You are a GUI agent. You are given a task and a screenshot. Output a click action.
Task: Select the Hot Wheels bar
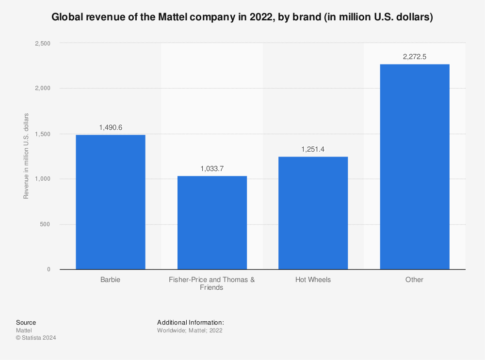[x=313, y=213]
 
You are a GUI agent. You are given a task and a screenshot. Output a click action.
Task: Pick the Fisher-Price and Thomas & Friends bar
[x=212, y=223]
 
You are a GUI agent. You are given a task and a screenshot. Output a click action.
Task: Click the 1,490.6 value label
[x=111, y=127]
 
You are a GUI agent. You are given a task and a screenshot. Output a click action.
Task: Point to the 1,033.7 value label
[x=212, y=169]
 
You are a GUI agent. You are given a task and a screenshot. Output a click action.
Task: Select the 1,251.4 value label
[x=313, y=149]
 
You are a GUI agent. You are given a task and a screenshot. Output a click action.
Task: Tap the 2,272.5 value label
[x=414, y=57]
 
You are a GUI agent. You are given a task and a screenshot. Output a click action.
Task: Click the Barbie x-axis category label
[x=111, y=280]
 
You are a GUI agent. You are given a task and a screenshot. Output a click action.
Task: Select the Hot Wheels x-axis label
[x=313, y=280]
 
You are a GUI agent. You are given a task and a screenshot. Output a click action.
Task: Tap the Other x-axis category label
[x=414, y=280]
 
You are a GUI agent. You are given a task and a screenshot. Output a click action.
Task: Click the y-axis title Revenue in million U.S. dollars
[x=27, y=156]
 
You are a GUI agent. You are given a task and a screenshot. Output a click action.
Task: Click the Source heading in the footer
[x=26, y=322]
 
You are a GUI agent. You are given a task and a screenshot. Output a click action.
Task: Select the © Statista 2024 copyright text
[x=36, y=338]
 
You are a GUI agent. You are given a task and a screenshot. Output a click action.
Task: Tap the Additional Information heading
[x=190, y=322]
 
